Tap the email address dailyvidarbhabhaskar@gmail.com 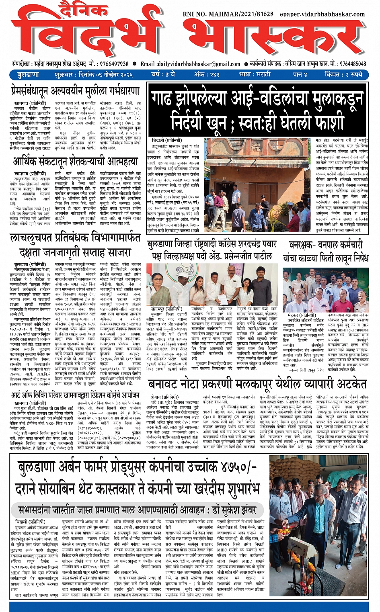[199, 64]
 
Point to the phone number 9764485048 [353, 64]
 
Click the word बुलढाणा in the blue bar [28, 75]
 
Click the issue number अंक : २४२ [207, 75]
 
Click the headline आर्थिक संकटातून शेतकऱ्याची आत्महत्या [75, 161]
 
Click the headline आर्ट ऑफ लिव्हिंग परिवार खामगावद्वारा [75, 395]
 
